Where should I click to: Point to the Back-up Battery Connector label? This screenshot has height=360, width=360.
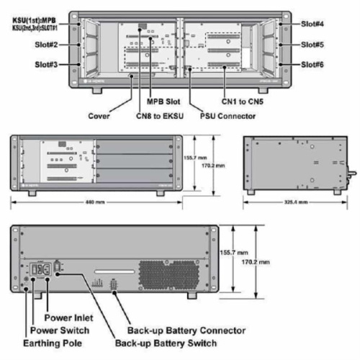point(185,330)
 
